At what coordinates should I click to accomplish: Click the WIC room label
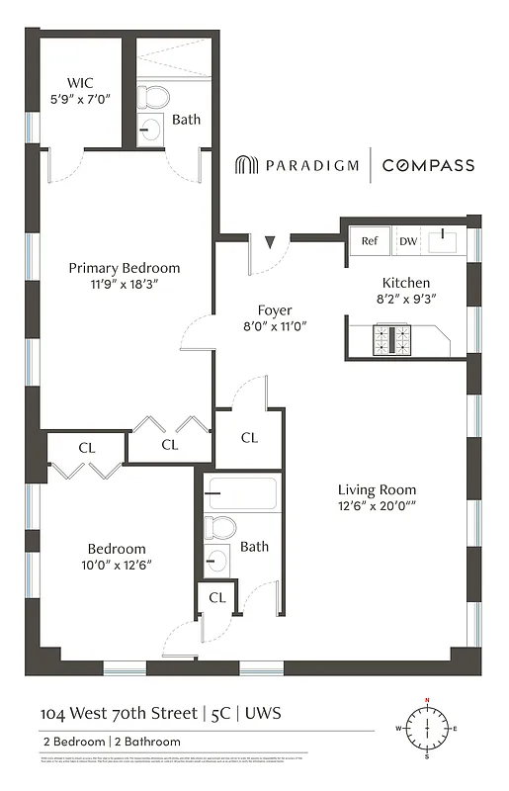[79, 82]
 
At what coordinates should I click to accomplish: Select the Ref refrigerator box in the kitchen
[369, 240]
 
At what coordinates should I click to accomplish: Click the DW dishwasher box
[407, 240]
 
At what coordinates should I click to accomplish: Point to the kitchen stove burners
[391, 340]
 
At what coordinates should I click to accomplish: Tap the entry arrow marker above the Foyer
[270, 240]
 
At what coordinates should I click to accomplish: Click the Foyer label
[275, 309]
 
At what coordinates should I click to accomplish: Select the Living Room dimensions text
[377, 507]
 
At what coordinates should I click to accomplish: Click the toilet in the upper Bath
[153, 98]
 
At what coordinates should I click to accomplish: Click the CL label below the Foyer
[249, 437]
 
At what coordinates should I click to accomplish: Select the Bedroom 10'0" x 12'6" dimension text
[117, 566]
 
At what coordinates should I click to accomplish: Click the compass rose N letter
[427, 701]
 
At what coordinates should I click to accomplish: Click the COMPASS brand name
[428, 166]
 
